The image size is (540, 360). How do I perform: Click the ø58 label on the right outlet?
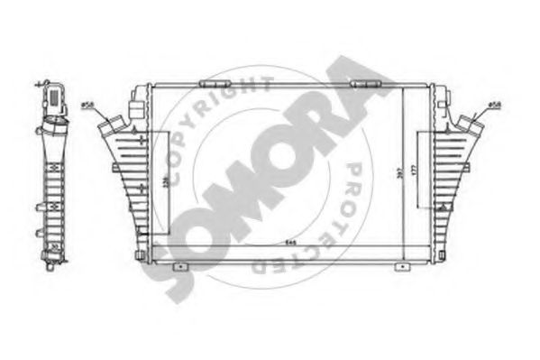[x=495, y=106]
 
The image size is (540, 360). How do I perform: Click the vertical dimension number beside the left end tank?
[x=162, y=185]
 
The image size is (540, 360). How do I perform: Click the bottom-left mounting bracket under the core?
[x=181, y=266]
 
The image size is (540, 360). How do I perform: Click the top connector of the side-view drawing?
[x=51, y=95]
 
